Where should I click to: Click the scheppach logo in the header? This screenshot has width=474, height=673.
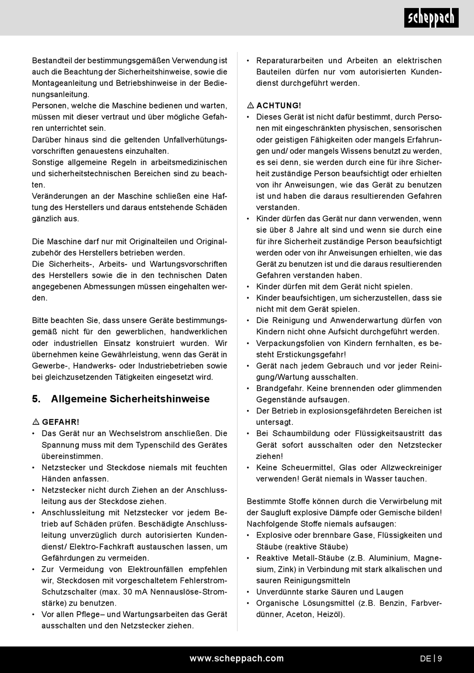pyautogui.click(x=431, y=18)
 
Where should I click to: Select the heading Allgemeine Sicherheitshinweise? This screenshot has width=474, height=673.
pyautogui.click(x=130, y=399)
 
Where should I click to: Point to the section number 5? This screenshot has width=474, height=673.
pyautogui.click(x=36, y=399)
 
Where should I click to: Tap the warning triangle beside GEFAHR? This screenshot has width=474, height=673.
pyautogui.click(x=35, y=422)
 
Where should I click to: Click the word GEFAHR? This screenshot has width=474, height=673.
pyautogui.click(x=60, y=422)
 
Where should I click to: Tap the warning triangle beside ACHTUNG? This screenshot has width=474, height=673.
pyautogui.click(x=250, y=106)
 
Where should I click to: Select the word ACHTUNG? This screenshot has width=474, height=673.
pyautogui.click(x=279, y=106)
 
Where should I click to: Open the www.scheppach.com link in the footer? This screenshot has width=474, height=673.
pyautogui.click(x=237, y=659)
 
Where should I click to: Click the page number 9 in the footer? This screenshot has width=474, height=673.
pyautogui.click(x=440, y=659)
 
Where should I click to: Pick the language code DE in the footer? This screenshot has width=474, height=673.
pyautogui.click(x=425, y=659)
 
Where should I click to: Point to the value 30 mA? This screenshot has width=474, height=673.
pyautogui.click(x=133, y=592)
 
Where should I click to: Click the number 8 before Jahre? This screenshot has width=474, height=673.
pyautogui.click(x=291, y=230)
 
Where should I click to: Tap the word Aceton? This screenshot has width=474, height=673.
pyautogui.click(x=300, y=615)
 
